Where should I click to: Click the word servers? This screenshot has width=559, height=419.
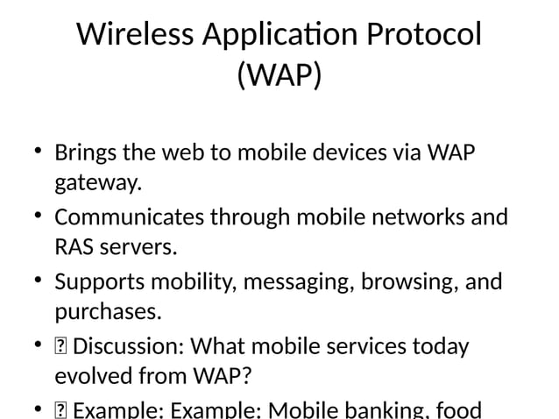pyautogui.click(x=138, y=248)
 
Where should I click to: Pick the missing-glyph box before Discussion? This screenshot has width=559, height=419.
pyautogui.click(x=60, y=346)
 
